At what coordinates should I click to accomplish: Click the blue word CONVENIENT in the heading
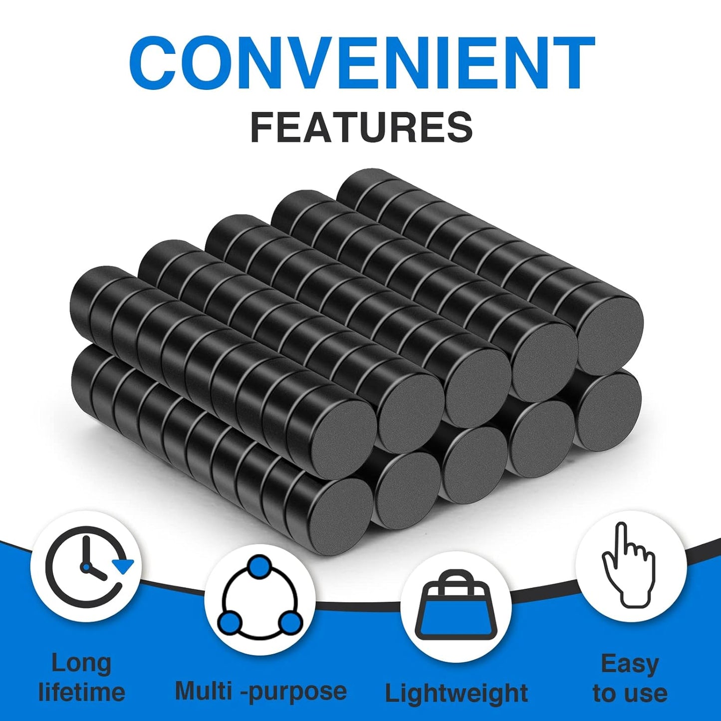361,63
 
